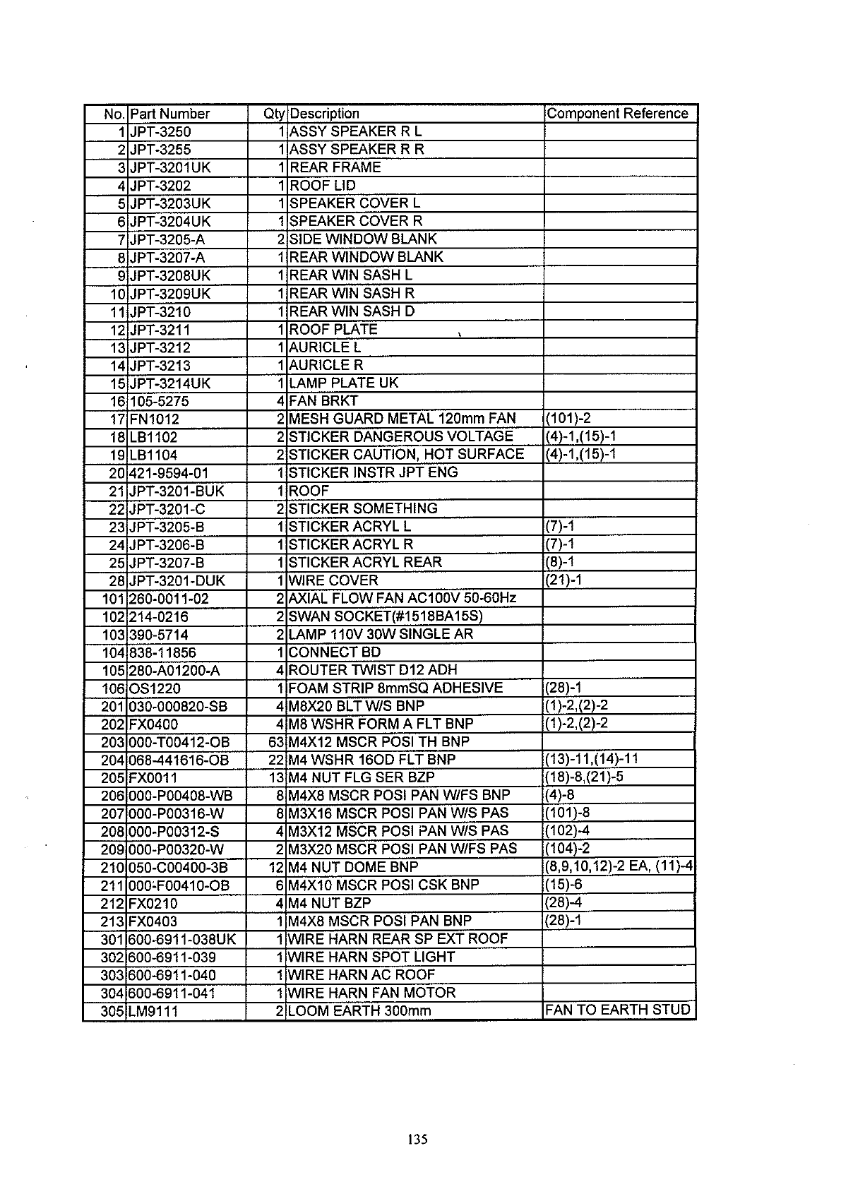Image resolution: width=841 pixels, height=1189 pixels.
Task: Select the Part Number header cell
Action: point(170,114)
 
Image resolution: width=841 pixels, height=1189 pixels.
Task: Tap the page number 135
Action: point(417,1139)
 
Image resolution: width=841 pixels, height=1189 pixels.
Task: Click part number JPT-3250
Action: point(160,132)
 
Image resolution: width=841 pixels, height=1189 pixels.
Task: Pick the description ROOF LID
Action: point(323,186)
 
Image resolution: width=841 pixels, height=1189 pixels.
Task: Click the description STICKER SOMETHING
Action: point(363,509)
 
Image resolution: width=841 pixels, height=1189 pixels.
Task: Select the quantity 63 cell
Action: point(275,742)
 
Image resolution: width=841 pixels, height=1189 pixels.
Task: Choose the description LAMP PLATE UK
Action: point(344,383)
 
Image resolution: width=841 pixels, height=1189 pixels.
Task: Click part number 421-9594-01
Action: point(169,473)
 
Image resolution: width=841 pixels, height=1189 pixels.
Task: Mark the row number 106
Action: point(113,688)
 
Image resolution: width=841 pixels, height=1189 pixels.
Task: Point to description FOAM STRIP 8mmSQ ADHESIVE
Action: point(395,688)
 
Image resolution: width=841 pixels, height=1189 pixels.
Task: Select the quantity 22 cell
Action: point(275,760)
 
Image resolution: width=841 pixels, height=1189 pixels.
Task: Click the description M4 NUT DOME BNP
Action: point(353,867)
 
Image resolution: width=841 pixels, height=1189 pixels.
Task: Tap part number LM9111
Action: point(153,1011)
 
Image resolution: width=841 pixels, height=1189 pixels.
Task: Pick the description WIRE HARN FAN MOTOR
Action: point(372,993)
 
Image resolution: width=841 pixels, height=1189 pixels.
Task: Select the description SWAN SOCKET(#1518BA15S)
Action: point(386,616)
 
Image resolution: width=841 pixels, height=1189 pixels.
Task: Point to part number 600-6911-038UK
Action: point(182,940)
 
